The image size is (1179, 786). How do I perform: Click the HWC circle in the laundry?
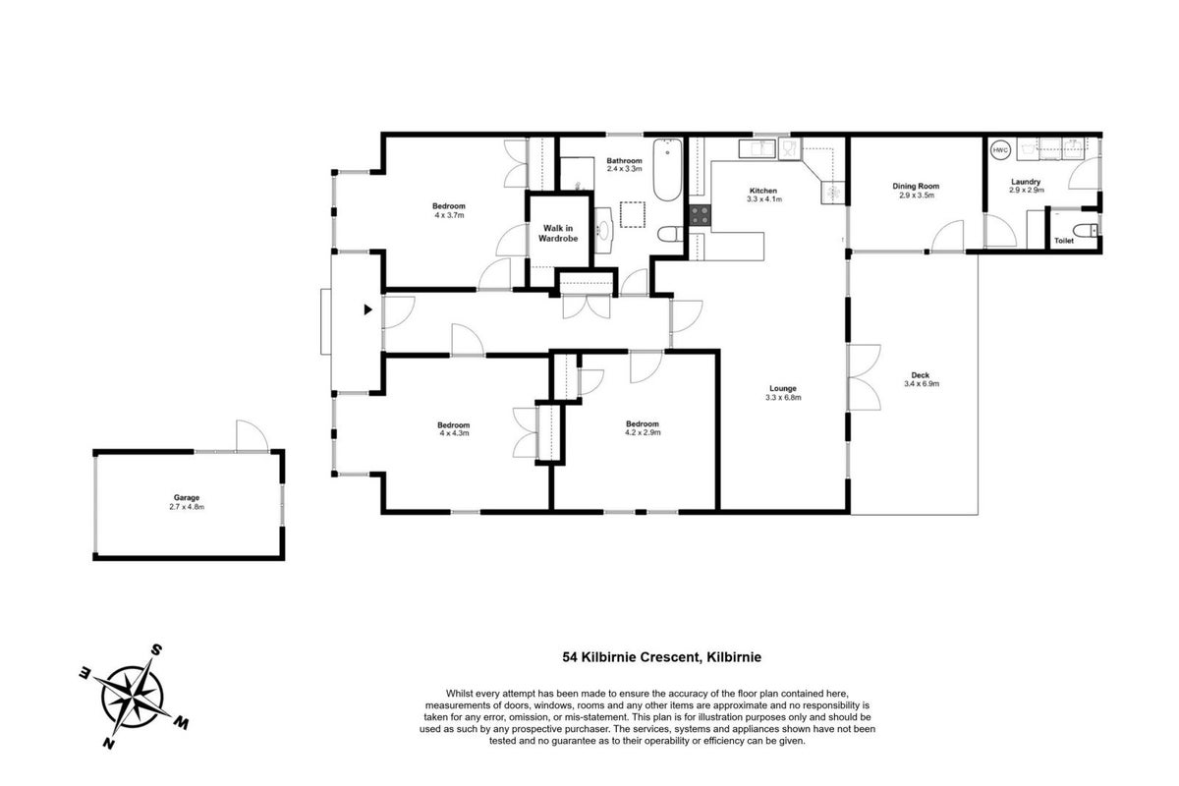1000,150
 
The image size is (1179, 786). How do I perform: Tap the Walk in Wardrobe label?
558,233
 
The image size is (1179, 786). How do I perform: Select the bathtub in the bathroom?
667,170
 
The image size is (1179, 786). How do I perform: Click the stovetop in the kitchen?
700,215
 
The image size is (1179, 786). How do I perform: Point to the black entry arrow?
367,309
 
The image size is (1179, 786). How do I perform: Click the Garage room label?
187,497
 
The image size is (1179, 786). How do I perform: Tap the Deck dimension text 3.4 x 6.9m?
922,384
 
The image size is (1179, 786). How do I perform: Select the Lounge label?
783,388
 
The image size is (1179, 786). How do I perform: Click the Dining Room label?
916,186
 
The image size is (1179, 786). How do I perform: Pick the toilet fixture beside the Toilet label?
1086,230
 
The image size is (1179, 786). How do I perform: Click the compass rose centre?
133,697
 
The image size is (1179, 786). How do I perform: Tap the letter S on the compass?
156,649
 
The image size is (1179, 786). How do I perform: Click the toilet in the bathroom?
670,234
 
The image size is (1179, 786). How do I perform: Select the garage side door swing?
253,435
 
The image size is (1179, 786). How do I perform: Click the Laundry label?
1026,182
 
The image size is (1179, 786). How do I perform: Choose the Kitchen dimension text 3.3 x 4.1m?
764,199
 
